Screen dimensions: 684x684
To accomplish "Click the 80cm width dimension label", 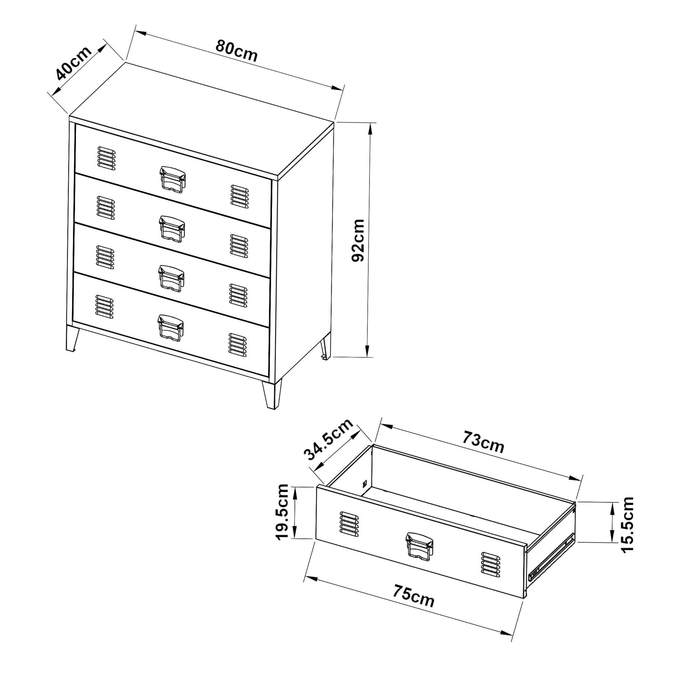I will click(237, 51).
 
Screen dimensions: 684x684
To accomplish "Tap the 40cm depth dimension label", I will click(73, 63).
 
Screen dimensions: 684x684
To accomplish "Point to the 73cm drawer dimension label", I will click(483, 443).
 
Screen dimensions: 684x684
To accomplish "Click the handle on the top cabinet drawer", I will click(172, 180).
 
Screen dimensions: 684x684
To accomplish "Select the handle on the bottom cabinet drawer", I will click(171, 328).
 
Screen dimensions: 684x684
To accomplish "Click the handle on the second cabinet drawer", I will click(172, 229).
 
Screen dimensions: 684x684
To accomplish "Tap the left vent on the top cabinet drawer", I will click(106, 158).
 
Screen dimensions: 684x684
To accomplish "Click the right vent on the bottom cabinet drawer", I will click(238, 344).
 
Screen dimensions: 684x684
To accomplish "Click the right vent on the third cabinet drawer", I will click(239, 295).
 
